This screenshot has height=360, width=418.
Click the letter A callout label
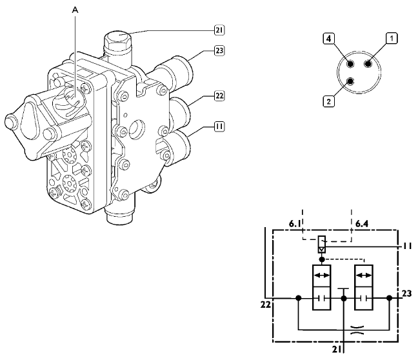[x=75, y=10]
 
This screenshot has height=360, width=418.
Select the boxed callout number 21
[x=219, y=30]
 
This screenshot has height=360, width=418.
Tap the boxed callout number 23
[x=219, y=50]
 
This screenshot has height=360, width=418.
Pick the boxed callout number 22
[x=219, y=95]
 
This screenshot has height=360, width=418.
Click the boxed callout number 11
[x=219, y=126]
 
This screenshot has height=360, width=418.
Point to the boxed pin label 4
[x=329, y=39]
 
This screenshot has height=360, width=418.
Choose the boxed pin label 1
[x=392, y=38]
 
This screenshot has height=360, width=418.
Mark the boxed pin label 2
[x=329, y=101]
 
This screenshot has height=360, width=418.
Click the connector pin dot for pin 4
[x=350, y=64]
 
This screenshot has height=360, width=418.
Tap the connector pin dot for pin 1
[x=368, y=64]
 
